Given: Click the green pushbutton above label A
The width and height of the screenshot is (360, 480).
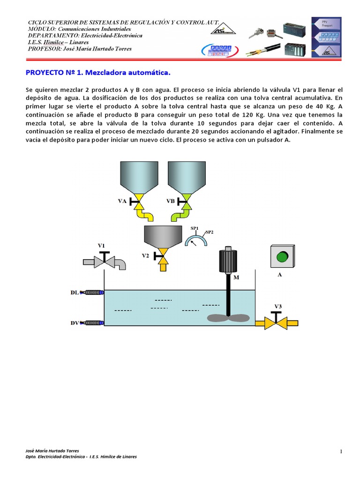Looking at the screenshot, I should pyautogui.click(x=282, y=257).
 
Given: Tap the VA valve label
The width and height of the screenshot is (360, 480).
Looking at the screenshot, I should pyautogui.click(x=122, y=201).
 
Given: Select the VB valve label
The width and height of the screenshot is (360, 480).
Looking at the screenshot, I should pyautogui.click(x=171, y=201).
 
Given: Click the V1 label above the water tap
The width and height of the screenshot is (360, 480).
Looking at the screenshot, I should pyautogui.click(x=101, y=245).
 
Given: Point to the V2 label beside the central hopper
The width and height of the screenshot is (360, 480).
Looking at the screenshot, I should pyautogui.click(x=146, y=256).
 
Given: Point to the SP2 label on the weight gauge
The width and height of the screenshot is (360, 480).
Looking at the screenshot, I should pyautogui.click(x=209, y=232).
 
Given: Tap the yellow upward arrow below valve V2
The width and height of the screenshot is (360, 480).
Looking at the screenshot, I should pyautogui.click(x=163, y=266).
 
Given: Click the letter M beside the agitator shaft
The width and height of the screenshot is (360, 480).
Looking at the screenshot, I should pyautogui.click(x=236, y=277).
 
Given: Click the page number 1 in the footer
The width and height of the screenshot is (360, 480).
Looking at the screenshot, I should pyautogui.click(x=342, y=451).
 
